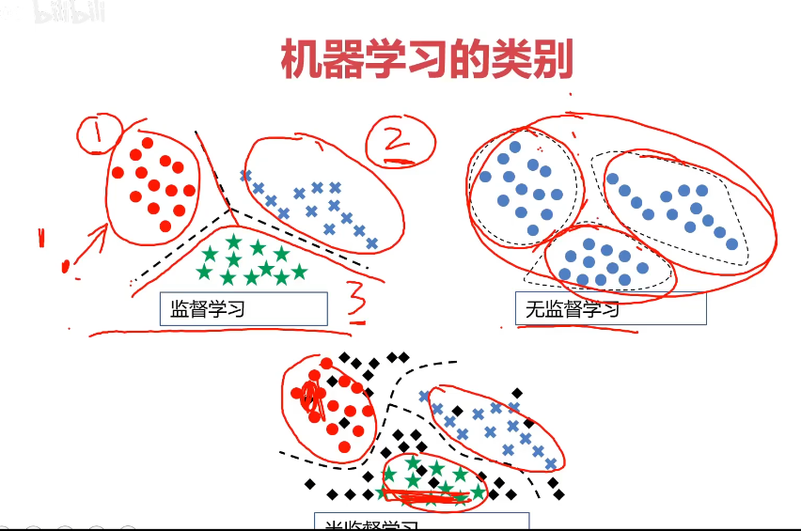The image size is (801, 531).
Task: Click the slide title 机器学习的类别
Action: [x=427, y=59]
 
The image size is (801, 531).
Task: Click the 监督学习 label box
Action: [x=243, y=308]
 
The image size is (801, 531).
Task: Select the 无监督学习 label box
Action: [x=610, y=308]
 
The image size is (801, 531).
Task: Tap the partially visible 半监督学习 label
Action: [x=421, y=523]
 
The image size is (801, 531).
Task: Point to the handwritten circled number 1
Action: [x=99, y=134]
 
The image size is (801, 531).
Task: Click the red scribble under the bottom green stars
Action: [x=428, y=493]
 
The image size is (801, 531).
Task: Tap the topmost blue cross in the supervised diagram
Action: [x=245, y=176]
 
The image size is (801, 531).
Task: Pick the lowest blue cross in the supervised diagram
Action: [x=372, y=243]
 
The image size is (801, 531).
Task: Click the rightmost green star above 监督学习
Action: [x=300, y=272]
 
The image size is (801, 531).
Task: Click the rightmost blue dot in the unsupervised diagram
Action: [x=732, y=243]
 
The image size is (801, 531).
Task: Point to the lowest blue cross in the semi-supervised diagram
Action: [x=551, y=463]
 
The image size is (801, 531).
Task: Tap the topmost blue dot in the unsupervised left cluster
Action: [x=514, y=148]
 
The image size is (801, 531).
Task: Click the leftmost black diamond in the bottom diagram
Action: [x=310, y=484]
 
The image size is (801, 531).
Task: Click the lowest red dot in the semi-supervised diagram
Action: [x=344, y=445]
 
